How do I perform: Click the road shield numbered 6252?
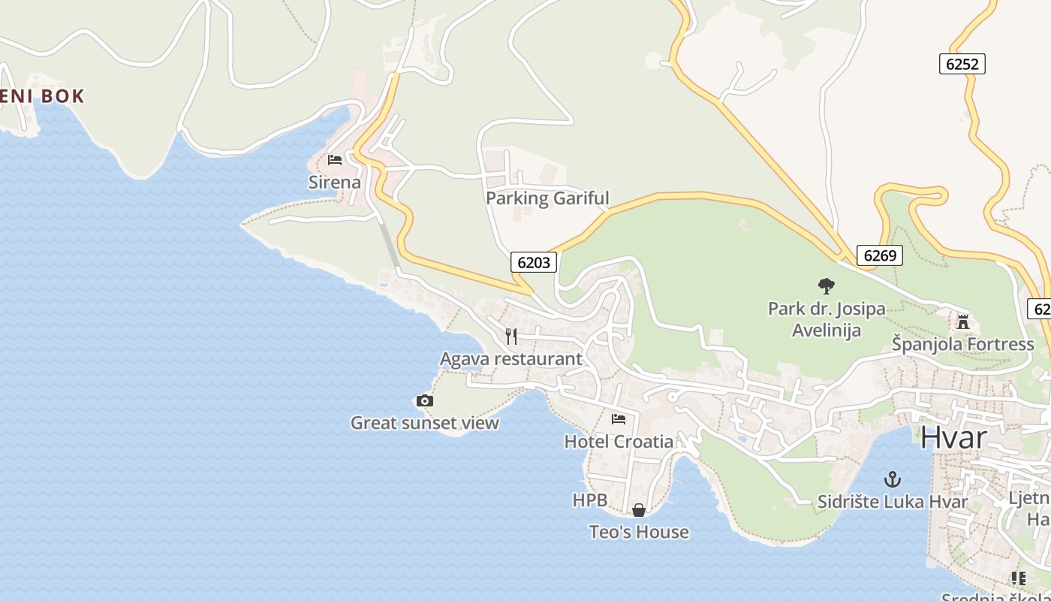[962, 64]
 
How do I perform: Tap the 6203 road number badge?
[534, 262]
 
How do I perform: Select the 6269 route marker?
[879, 255]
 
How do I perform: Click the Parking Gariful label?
[547, 198]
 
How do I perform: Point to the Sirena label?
[335, 182]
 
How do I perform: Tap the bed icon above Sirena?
[335, 160]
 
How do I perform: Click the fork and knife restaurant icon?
[511, 336]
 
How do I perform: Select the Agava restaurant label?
[510, 359]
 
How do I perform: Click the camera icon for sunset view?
[425, 401]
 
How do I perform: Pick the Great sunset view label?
[425, 423]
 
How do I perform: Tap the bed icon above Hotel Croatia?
[619, 419]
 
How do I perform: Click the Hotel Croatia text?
[619, 441]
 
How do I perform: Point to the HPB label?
[589, 500]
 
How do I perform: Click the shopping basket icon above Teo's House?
[639, 510]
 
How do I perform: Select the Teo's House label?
[639, 532]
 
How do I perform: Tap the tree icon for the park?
[827, 285]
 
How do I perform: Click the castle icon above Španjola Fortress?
[962, 322]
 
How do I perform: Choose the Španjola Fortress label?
[962, 344]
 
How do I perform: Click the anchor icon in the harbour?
[892, 479]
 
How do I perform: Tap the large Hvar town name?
[953, 437]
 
